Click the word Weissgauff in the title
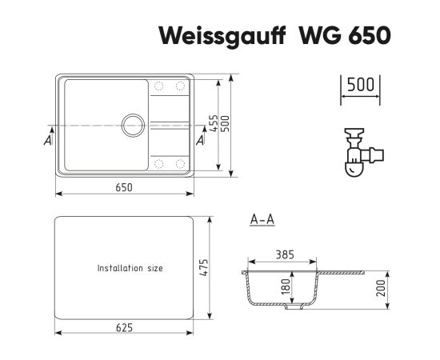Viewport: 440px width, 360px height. tap(222, 36)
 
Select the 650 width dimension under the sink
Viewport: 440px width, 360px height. tap(124, 187)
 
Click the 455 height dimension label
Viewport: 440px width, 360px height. tap(214, 123)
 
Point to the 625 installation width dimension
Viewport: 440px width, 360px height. tap(124, 327)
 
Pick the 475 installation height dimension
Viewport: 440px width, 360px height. tap(205, 267)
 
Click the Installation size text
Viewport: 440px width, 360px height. tap(130, 268)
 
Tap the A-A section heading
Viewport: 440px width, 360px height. tap(262, 220)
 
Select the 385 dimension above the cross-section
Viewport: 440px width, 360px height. tap(285, 254)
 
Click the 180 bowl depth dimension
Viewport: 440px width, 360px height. tap(286, 286)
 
